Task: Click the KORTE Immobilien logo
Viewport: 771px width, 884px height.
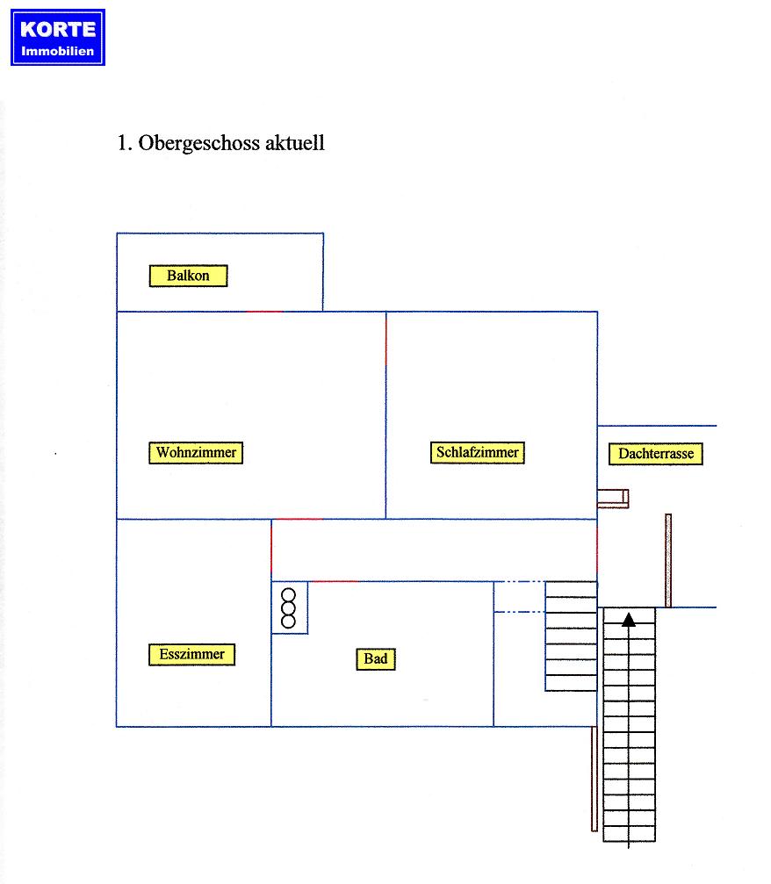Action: point(58,37)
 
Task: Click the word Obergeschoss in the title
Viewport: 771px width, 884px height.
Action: point(198,143)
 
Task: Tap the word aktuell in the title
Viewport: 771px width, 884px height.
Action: point(294,142)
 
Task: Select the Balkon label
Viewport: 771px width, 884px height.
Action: point(189,276)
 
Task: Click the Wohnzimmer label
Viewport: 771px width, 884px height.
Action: point(196,453)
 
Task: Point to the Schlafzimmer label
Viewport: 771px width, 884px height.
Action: point(477,452)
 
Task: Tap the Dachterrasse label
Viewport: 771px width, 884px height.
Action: point(655,454)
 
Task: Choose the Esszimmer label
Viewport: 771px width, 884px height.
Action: point(191,655)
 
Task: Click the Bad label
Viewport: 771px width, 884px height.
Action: point(376,659)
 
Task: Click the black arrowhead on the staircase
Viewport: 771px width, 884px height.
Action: point(629,620)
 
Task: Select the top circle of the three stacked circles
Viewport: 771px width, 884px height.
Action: point(288,595)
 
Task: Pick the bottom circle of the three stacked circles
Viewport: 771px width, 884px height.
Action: point(288,622)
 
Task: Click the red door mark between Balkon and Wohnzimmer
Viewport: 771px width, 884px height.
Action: point(264,312)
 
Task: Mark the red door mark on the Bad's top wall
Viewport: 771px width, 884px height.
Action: point(335,581)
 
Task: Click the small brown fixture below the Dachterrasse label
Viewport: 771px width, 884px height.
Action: point(613,499)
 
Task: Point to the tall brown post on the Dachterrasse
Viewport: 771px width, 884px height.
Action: point(668,560)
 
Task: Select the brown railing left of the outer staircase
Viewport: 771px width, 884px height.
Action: point(594,779)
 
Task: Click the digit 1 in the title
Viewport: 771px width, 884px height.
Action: point(122,143)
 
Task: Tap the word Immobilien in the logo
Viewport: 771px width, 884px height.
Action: point(58,51)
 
